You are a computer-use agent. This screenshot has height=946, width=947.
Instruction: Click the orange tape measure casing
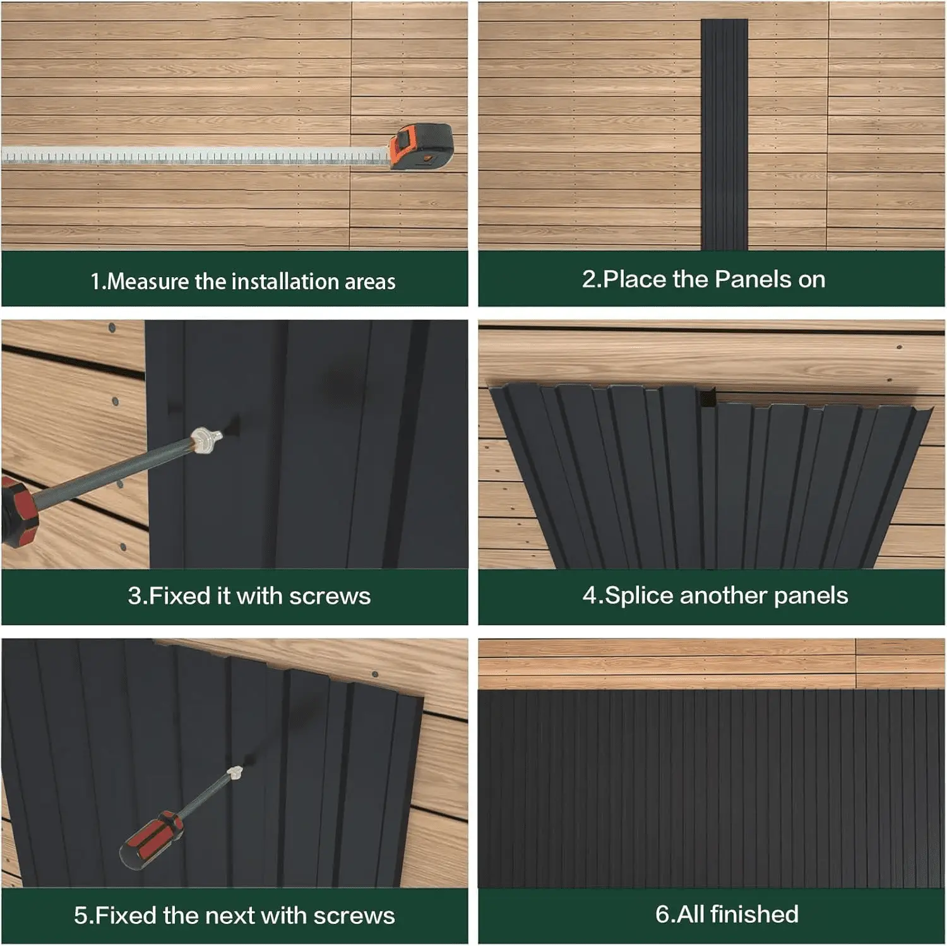[x=419, y=147]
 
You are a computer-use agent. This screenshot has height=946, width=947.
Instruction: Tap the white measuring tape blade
[x=189, y=156]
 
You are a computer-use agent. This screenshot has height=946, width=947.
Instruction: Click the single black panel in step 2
[x=724, y=133]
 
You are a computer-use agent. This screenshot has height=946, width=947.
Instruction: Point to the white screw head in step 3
[x=205, y=440]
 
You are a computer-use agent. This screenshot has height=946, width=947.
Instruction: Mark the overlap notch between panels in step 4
[x=707, y=398]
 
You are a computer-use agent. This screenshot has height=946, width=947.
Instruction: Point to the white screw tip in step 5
[x=235, y=772]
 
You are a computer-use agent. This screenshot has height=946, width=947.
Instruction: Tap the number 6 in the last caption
[x=662, y=914]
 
